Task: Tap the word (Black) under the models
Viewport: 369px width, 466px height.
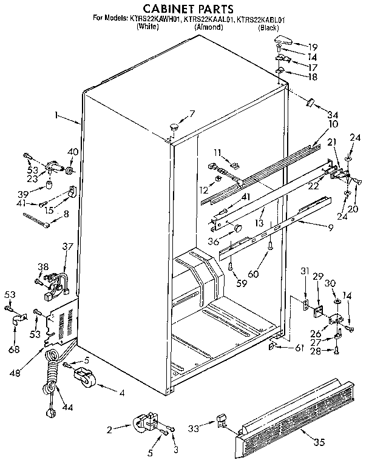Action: [x=268, y=28]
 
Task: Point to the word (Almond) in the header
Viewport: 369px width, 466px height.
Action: [x=208, y=28]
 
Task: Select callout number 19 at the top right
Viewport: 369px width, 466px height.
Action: [x=312, y=47]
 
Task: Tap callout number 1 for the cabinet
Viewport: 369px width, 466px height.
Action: [x=56, y=114]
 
